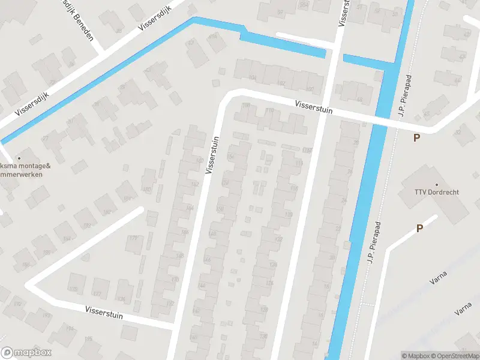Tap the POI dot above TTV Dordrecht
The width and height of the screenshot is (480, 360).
[x=436, y=185]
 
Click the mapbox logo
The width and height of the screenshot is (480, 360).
[x=26, y=353]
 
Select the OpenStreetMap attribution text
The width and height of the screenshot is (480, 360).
[x=455, y=356]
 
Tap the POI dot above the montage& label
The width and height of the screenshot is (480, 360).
[x=19, y=158]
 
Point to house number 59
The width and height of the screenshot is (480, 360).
[x=280, y=13]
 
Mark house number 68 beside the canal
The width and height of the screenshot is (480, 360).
[x=360, y=100]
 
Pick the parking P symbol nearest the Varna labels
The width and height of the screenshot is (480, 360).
[x=419, y=228]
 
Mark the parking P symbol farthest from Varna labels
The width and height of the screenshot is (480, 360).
[x=416, y=137]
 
